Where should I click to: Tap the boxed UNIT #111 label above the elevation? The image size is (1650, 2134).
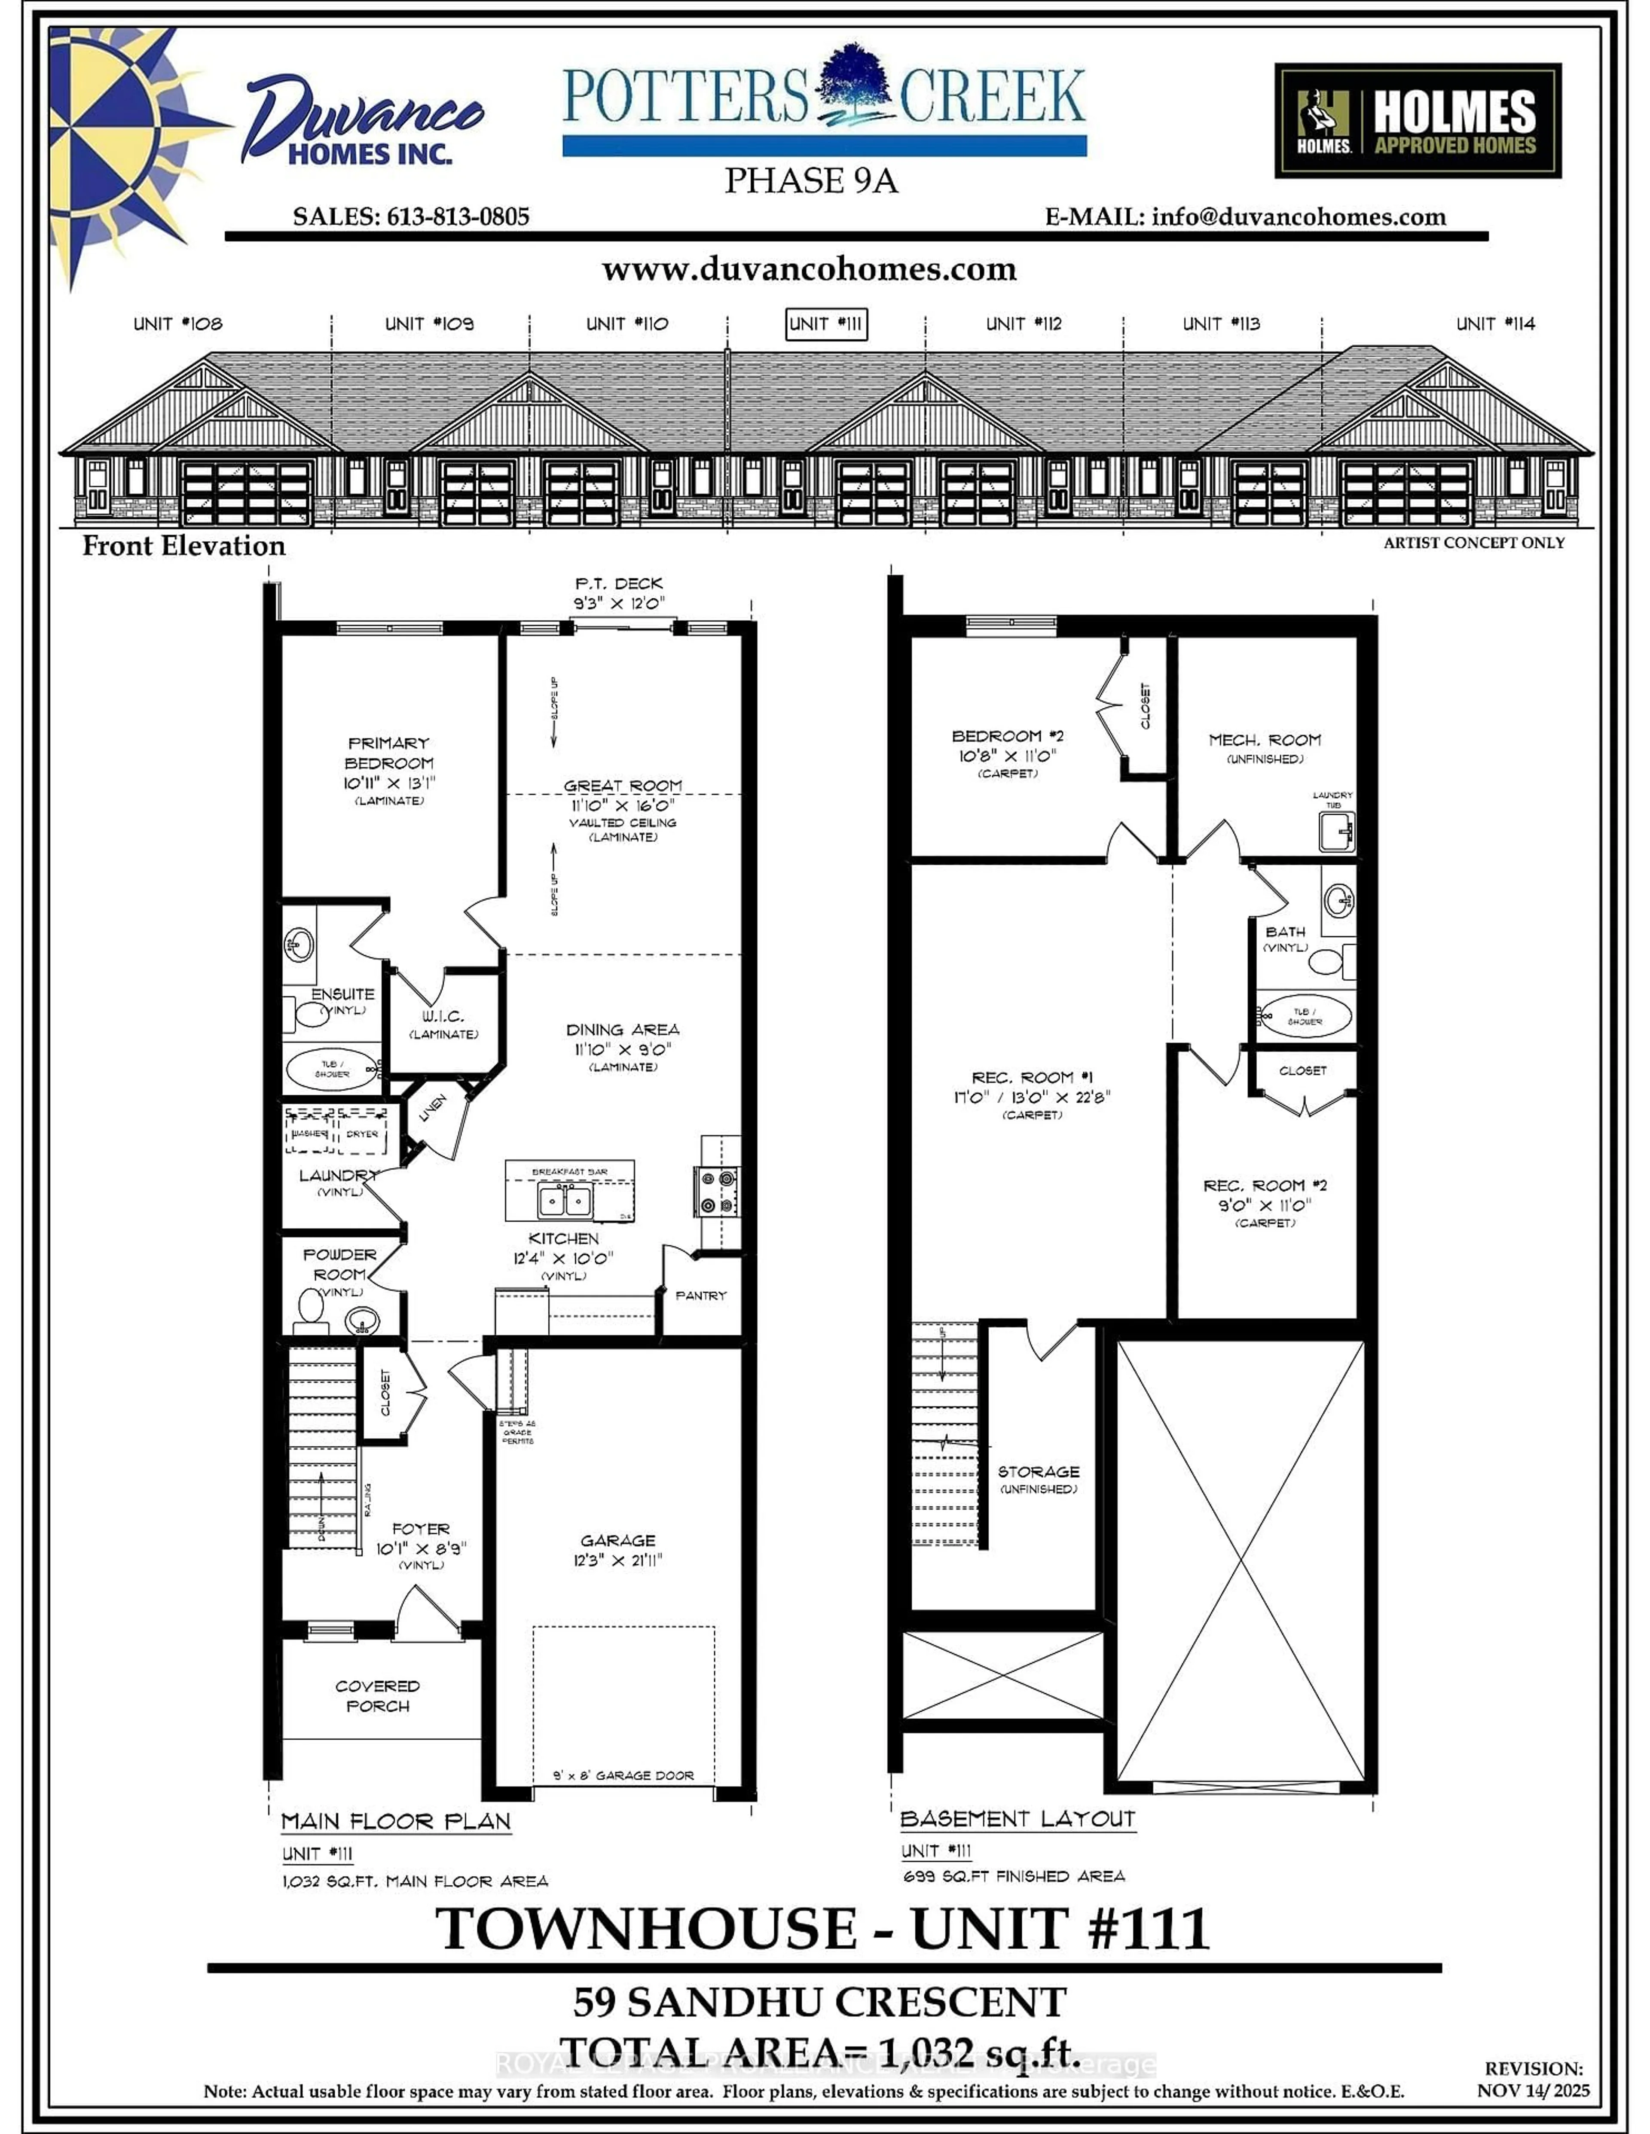point(826,324)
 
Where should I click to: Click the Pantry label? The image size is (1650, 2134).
point(701,1296)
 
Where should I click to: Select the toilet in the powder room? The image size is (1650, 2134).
point(311,1309)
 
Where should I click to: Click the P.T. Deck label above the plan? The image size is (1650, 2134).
point(619,583)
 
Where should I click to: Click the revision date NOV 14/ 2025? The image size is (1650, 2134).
point(1533,2091)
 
